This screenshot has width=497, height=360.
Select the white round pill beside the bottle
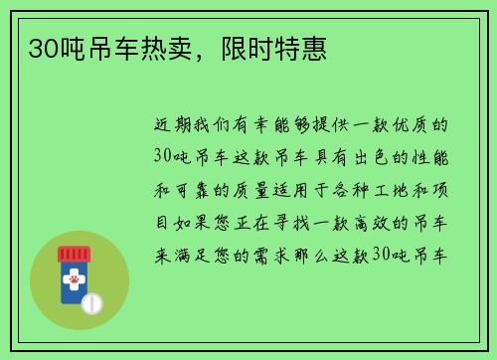[91, 302]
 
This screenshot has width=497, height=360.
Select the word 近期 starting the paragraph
[167, 127]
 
